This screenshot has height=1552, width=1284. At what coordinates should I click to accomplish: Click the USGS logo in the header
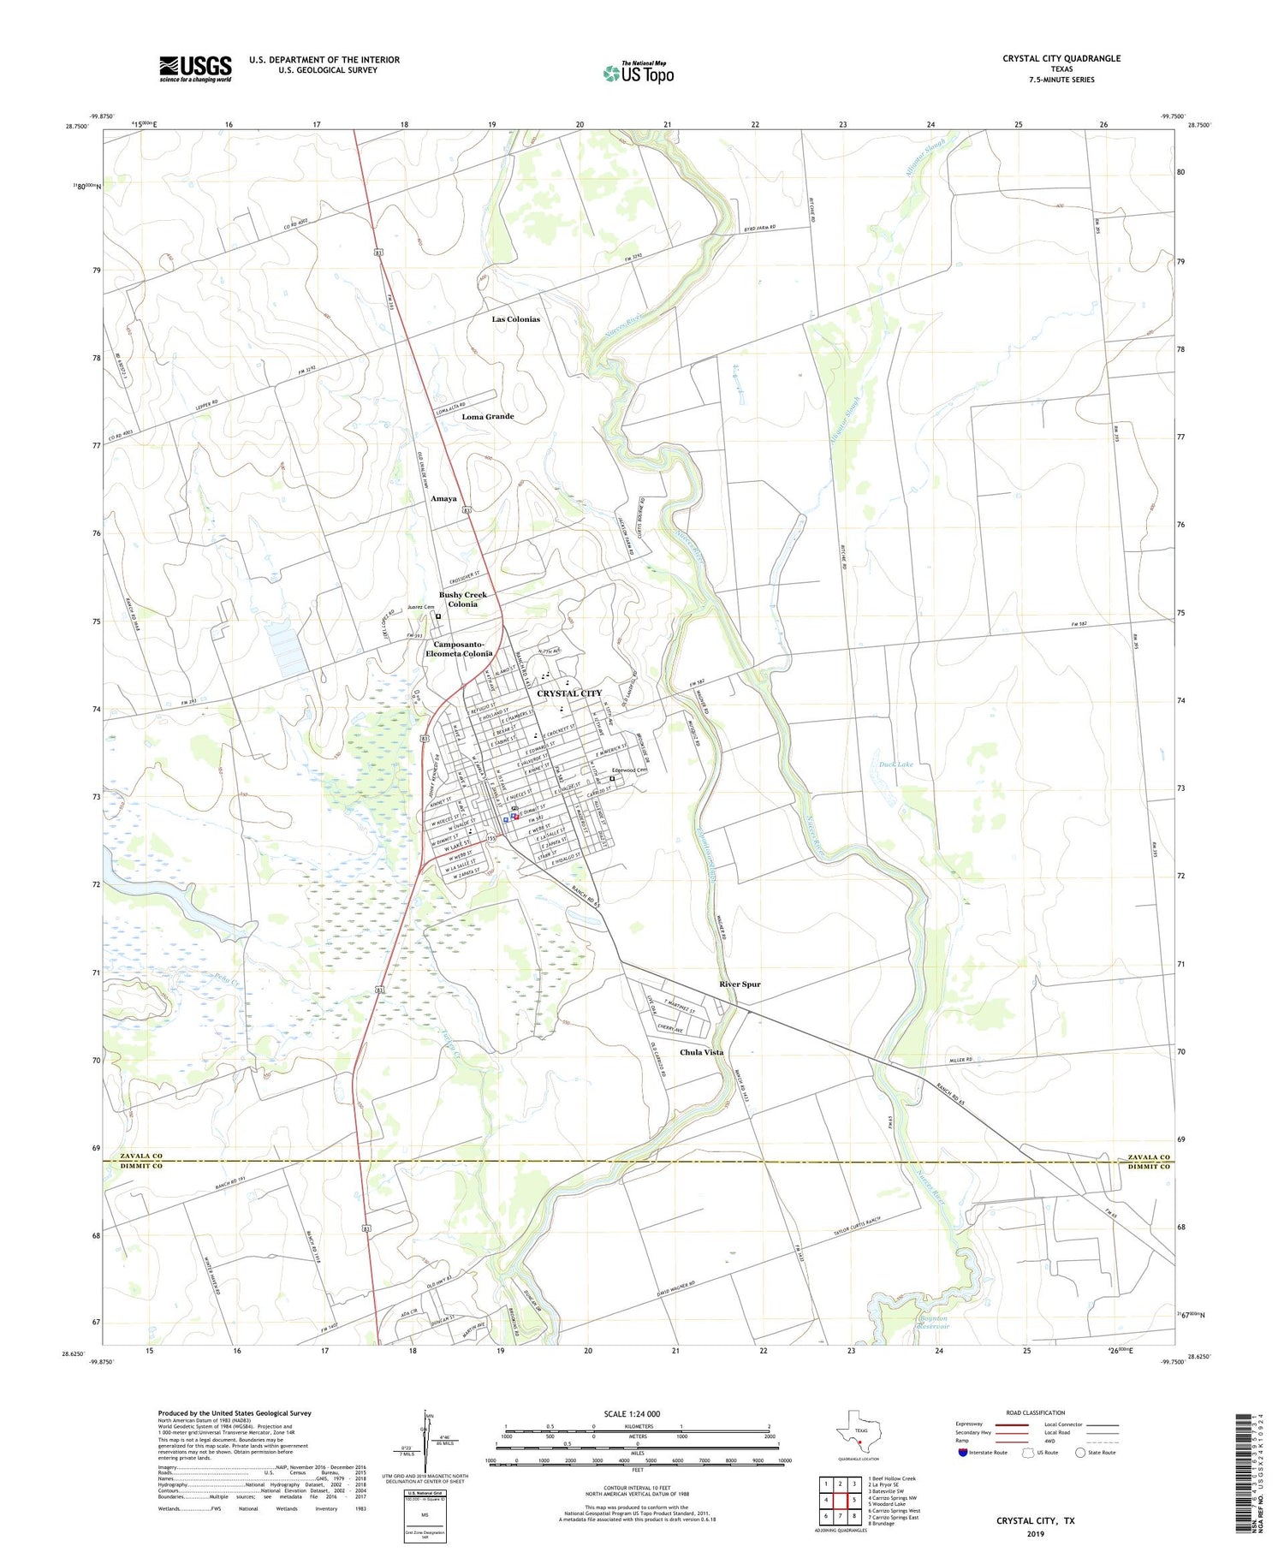(195, 68)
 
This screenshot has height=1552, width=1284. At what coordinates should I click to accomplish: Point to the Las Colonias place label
(515, 319)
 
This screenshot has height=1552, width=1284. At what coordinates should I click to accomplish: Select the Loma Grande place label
(488, 417)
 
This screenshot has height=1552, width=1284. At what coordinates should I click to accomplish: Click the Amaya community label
(443, 498)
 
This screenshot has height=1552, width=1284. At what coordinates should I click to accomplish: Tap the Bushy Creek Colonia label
(463, 599)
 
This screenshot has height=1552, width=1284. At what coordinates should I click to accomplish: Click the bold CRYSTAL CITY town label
(569, 693)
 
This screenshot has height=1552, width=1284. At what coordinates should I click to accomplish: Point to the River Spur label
(740, 984)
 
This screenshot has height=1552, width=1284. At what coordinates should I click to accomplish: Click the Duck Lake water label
(896, 764)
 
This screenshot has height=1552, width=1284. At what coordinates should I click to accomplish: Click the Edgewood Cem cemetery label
(628, 770)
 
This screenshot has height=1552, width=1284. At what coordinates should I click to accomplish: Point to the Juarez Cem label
(420, 607)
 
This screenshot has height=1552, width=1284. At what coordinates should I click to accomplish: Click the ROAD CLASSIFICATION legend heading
(1036, 1412)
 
